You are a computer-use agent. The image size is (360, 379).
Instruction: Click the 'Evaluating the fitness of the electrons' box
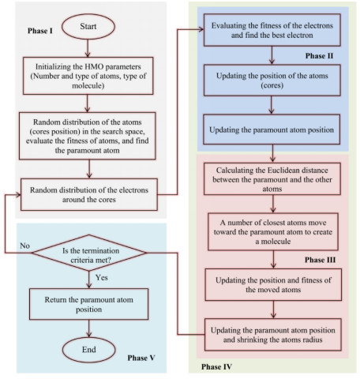point(272,31)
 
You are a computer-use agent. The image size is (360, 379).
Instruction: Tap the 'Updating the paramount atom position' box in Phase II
point(272,128)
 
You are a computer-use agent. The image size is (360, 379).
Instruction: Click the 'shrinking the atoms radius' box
point(272,336)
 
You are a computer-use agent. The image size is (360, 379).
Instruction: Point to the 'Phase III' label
point(322,259)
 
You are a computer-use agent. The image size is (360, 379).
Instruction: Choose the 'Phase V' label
point(144,358)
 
